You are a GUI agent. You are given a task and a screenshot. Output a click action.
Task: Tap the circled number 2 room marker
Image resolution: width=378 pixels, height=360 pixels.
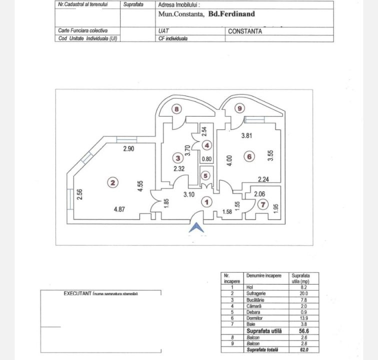coord(113,183)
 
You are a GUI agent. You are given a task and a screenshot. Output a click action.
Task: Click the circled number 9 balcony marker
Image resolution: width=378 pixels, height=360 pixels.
coord(239,108)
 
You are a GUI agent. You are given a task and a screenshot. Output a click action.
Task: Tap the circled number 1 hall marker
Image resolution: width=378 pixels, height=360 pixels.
coord(206,202)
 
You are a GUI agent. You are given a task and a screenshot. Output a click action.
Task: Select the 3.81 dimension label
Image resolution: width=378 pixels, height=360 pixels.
coord(248,134)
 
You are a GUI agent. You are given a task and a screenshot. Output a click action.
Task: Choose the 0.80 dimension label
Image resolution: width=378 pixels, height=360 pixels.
coord(206,159)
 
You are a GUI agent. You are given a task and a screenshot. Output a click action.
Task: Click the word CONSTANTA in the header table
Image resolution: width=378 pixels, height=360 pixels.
coord(245,31)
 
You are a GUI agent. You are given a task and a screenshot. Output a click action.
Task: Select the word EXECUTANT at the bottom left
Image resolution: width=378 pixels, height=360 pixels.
coord(75,293)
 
